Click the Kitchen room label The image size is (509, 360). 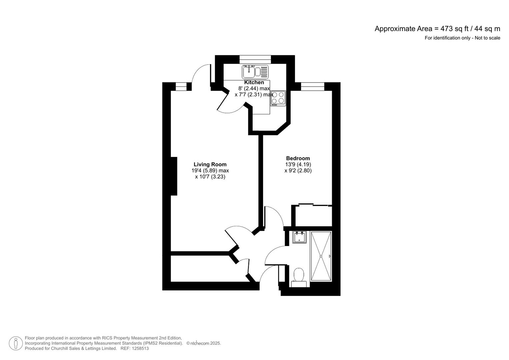(254, 82)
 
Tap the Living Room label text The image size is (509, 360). (210, 164)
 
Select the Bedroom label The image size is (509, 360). (298, 158)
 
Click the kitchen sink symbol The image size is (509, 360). (255, 72)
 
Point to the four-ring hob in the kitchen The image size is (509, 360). (278, 98)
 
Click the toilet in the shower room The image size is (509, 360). (299, 277)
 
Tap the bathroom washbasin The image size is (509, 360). (299, 237)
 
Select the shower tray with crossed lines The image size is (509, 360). (321, 256)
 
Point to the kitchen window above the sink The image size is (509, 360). (255, 59)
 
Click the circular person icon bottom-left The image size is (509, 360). (16, 343)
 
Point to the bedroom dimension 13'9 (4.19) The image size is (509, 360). (298, 164)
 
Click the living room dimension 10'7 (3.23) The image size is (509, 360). (210, 177)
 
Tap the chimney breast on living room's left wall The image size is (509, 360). (174, 176)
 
